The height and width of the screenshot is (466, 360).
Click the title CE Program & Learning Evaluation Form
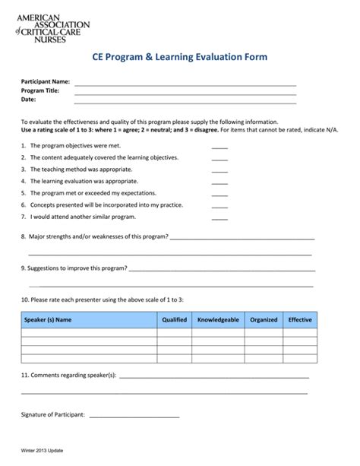click(179, 58)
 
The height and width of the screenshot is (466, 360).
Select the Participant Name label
click(46, 81)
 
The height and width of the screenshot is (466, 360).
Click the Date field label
click(28, 100)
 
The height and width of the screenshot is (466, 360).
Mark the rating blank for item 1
click(219, 146)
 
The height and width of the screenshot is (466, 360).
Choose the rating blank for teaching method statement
click(219, 170)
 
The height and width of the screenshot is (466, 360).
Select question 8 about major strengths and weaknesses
click(94, 236)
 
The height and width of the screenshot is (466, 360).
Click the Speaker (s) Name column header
click(48, 320)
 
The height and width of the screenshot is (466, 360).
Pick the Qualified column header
click(174, 320)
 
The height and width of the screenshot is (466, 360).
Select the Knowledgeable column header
click(218, 320)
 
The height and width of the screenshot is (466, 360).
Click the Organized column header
click(264, 320)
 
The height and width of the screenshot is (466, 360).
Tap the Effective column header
click(300, 320)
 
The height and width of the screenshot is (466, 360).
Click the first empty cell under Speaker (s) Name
click(89, 333)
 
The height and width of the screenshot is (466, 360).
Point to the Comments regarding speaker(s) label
click(68, 376)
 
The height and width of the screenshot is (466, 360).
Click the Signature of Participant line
click(135, 415)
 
